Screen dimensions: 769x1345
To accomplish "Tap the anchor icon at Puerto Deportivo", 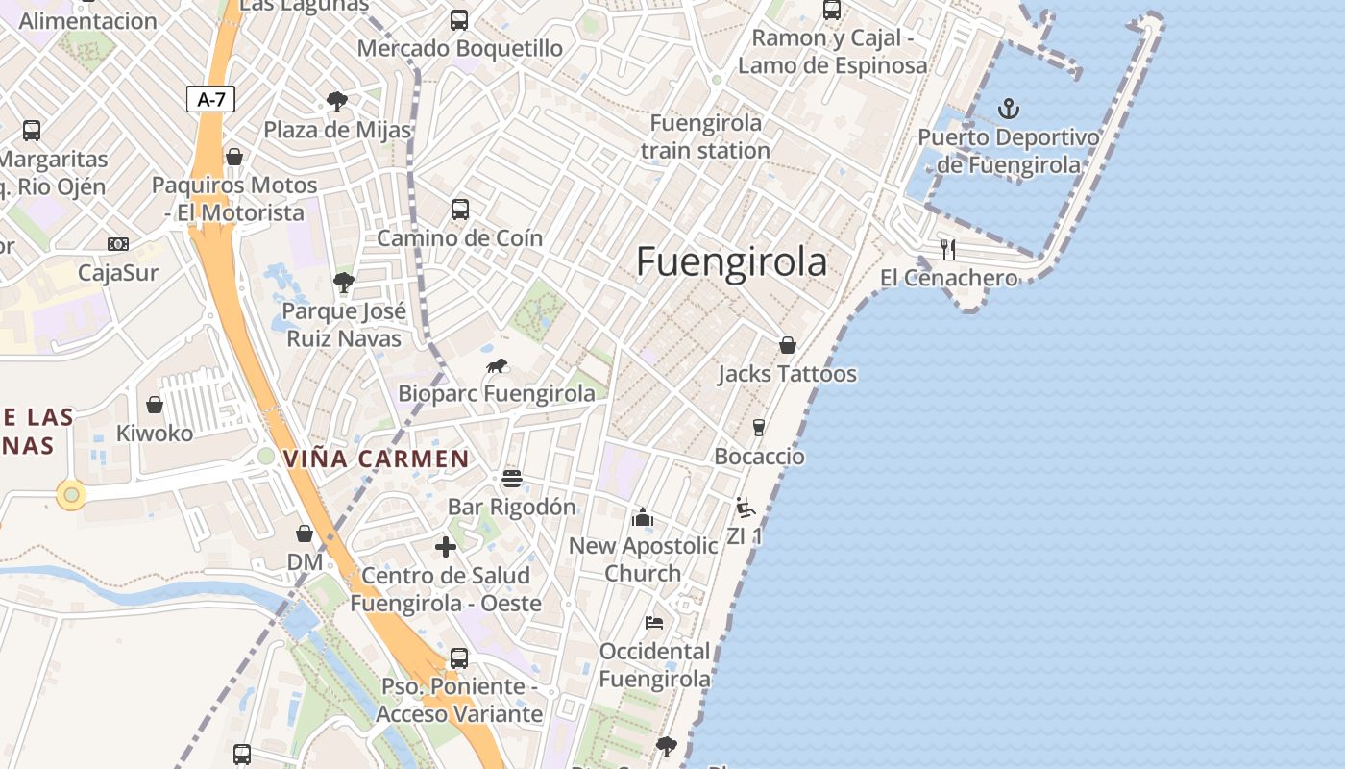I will pyautogui.click(x=1009, y=108).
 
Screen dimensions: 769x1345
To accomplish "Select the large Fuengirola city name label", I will pyautogui.click(x=731, y=261).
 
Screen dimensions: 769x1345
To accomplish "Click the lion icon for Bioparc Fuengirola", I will pyautogui.click(x=497, y=365).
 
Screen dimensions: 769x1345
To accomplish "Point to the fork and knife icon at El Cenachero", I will pyautogui.click(x=948, y=250).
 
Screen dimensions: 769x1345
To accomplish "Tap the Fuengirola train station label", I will pyautogui.click(x=705, y=136).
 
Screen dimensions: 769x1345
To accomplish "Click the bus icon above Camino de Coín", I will pyautogui.click(x=460, y=209).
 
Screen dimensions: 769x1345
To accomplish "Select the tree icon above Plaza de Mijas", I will pyautogui.click(x=336, y=101).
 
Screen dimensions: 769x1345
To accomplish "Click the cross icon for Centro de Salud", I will pyautogui.click(x=446, y=547).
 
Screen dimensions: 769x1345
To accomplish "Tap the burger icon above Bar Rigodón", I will pyautogui.click(x=512, y=478).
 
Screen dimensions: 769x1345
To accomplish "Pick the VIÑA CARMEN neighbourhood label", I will pyautogui.click(x=377, y=459).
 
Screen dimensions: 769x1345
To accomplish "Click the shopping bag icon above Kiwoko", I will pyautogui.click(x=155, y=405).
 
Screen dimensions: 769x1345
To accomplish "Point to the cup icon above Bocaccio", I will pyautogui.click(x=759, y=428).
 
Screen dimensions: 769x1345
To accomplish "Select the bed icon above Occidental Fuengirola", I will pyautogui.click(x=654, y=623).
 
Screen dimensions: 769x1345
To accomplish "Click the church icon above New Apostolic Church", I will pyautogui.click(x=643, y=518).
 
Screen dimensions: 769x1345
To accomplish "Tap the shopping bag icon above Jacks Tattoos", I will pyautogui.click(x=788, y=345).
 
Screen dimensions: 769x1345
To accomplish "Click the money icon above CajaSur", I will pyautogui.click(x=118, y=244).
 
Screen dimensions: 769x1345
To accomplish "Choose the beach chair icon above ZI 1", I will pyautogui.click(x=745, y=507).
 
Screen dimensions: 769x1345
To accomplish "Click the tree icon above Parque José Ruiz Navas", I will pyautogui.click(x=343, y=283).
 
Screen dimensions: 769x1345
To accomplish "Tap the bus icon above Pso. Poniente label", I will pyautogui.click(x=459, y=658).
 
